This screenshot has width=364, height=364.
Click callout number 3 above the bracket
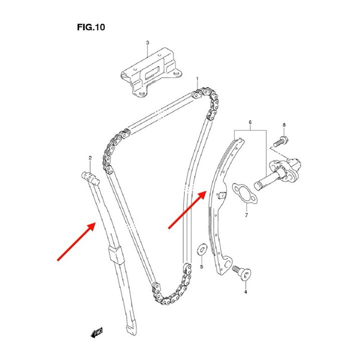147,43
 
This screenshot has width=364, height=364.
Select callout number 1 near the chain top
198,79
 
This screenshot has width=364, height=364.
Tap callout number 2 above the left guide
90,158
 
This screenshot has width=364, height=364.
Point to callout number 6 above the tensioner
250,122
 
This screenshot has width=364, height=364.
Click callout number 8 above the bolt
283,124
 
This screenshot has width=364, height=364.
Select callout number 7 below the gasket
246,215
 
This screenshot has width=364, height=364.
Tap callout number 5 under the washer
202,266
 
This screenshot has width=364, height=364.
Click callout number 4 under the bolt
246,291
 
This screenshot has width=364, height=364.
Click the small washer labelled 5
203,247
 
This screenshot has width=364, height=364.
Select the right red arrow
188,209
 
